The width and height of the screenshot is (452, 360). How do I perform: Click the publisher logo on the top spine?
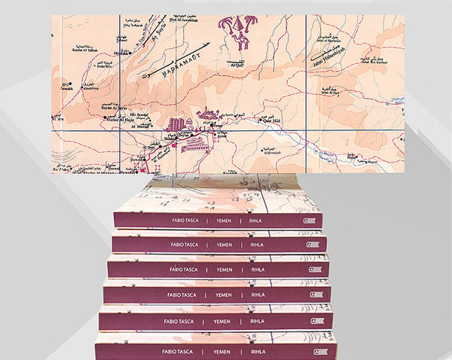(x=310, y=220)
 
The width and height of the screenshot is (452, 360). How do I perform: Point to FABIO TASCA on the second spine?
(x=180, y=245)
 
